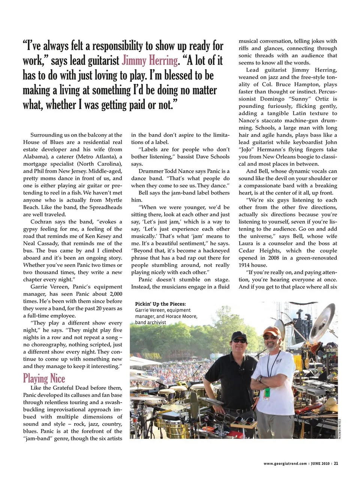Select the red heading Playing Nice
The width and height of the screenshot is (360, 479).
(x=44, y=378)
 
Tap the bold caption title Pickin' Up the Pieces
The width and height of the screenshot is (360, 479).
(x=160, y=304)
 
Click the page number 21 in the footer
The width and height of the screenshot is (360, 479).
(x=336, y=463)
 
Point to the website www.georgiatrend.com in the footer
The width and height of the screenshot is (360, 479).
(x=285, y=464)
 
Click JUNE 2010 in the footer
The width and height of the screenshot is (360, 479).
(x=320, y=464)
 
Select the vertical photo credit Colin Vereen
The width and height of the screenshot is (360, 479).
(x=339, y=428)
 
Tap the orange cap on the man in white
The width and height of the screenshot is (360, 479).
(x=271, y=331)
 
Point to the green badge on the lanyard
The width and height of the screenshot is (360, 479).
(x=267, y=392)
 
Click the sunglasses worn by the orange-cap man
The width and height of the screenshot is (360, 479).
(x=270, y=337)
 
